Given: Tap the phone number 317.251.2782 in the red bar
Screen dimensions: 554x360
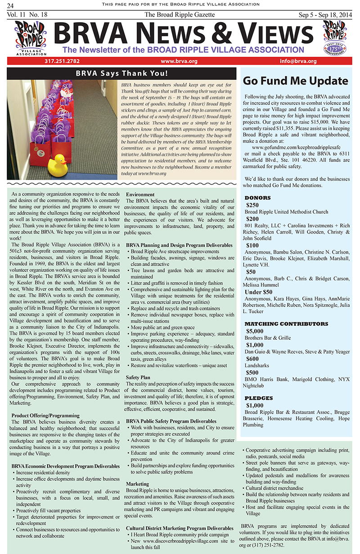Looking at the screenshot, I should click(x=62, y=61).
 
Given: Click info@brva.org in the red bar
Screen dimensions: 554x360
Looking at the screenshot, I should click(x=298, y=61).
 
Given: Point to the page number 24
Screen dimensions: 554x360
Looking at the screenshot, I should click(x=10, y=5).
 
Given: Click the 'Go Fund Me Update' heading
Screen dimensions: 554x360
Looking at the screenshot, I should click(x=296, y=81).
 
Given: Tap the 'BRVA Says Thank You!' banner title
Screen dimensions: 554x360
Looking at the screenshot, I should click(x=122, y=73).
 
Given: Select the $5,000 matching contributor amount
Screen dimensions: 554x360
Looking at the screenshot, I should click(x=255, y=331).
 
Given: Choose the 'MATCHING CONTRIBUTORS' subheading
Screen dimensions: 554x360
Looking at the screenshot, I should click(x=286, y=324).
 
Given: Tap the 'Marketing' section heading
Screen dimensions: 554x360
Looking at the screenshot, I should click(x=137, y=484).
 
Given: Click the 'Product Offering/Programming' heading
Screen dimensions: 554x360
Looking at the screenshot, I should click(x=45, y=415).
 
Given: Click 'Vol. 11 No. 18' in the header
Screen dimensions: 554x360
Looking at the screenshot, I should click(x=28, y=15).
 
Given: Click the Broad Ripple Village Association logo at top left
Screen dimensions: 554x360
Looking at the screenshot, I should click(x=29, y=37).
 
